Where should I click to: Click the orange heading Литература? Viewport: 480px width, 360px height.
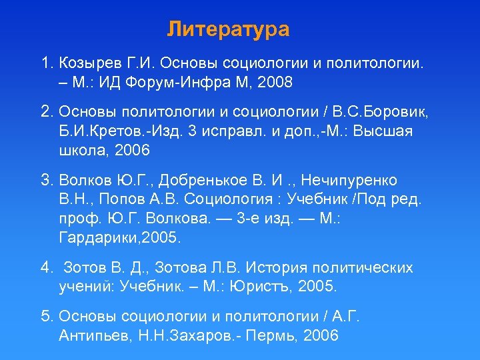228,30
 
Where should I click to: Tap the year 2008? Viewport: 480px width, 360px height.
274,83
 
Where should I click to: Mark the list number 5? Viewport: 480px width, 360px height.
46,317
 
